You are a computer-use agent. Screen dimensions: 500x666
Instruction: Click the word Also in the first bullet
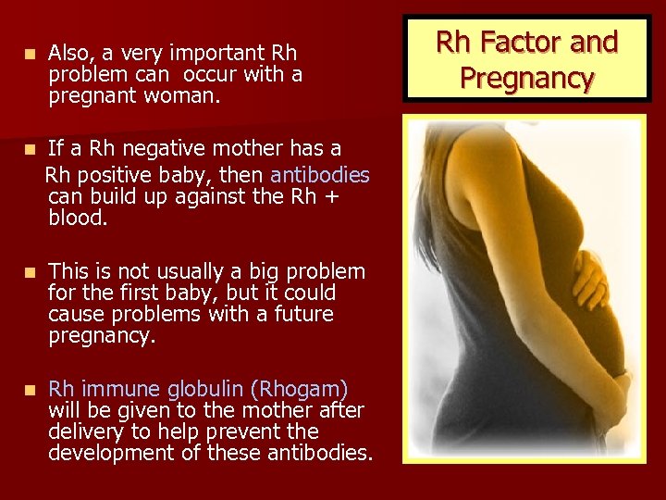click(68, 53)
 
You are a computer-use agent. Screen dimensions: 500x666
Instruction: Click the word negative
click(167, 148)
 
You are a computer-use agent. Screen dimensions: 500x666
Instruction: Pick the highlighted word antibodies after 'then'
click(320, 175)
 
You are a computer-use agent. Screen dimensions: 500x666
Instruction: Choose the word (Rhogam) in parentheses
click(304, 388)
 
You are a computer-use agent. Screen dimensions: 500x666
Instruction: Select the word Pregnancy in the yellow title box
click(526, 77)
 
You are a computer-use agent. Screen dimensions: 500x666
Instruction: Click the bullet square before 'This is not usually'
click(31, 272)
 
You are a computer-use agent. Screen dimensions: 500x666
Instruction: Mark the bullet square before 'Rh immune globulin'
click(31, 389)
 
